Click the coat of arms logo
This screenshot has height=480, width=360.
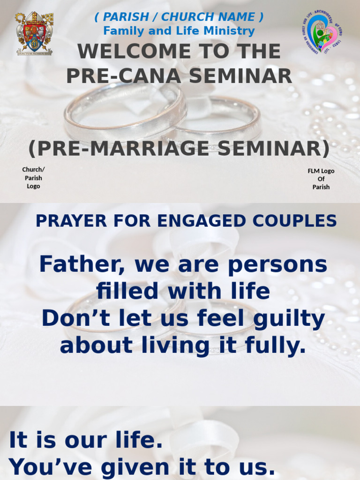[x=35, y=33]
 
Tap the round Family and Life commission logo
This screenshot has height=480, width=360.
[x=321, y=32]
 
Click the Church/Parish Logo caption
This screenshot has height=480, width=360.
[x=33, y=178]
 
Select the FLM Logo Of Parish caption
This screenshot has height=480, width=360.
[x=321, y=179]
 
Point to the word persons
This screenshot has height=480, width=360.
[x=288, y=264]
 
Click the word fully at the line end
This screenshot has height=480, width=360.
[x=281, y=346]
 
